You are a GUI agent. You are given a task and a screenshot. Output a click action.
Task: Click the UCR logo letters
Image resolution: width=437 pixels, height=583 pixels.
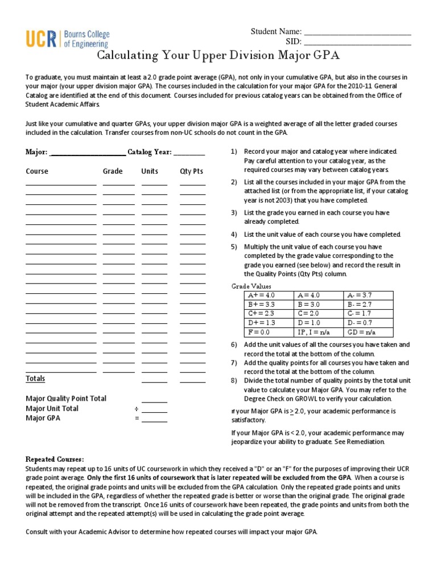pyautogui.click(x=42, y=39)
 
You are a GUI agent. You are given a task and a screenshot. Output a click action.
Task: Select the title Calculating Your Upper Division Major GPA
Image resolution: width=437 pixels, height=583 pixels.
pyautogui.click(x=218, y=55)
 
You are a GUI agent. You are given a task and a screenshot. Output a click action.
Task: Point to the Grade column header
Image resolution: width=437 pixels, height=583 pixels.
pyautogui.click(x=113, y=171)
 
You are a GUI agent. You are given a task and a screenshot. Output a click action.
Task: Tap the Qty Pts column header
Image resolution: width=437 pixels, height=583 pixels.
pyautogui.click(x=191, y=171)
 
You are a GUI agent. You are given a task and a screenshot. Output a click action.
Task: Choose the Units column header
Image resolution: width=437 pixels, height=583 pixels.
pyautogui.click(x=150, y=171)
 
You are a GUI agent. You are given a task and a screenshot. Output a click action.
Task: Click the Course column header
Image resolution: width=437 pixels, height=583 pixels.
pyautogui.click(x=37, y=171)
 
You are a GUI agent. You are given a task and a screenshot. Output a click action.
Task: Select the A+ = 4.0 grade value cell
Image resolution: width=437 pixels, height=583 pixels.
pyautogui.click(x=261, y=295)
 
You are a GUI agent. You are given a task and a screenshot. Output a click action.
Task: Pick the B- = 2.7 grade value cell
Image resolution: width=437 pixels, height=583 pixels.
pyautogui.click(x=360, y=305)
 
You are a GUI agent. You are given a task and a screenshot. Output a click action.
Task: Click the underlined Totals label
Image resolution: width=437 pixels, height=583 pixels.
pyautogui.click(x=35, y=379)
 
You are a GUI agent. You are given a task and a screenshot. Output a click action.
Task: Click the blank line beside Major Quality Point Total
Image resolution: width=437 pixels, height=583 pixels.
pyautogui.click(x=154, y=401)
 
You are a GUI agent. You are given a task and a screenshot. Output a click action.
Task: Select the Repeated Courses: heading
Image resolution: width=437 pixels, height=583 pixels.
pyautogui.click(x=55, y=459)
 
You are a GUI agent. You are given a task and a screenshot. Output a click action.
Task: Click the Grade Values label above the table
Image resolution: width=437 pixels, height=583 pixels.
pyautogui.click(x=251, y=286)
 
